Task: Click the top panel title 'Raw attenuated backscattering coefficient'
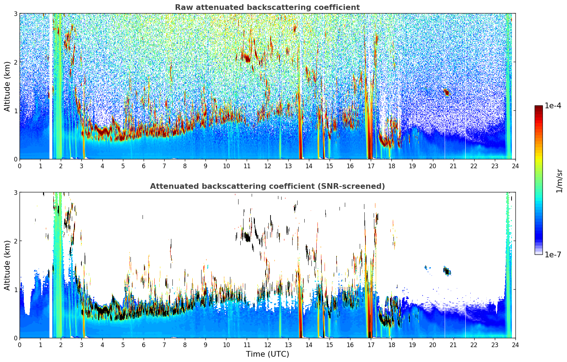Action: pos(267,7)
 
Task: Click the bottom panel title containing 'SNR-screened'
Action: pos(267,186)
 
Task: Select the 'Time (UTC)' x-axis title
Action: pos(267,354)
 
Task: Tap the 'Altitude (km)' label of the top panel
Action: pos(7,86)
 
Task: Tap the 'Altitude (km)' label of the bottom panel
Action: pos(7,265)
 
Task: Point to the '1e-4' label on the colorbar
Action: pos(553,106)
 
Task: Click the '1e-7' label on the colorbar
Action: pos(553,254)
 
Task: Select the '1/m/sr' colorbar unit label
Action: pos(559,181)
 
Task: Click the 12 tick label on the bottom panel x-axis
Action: pos(267,345)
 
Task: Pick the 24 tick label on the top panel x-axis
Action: pos(515,166)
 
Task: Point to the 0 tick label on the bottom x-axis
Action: pos(20,345)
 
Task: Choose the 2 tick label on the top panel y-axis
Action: pos(15,62)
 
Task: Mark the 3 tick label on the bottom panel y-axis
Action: pos(15,192)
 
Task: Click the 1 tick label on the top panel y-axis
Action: pos(15,111)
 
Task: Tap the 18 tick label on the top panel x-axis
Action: pos(391,166)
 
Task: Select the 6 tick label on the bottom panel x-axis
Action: pos(144,345)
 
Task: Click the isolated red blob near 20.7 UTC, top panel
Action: pos(447,93)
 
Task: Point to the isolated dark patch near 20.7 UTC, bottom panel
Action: pos(446,271)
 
